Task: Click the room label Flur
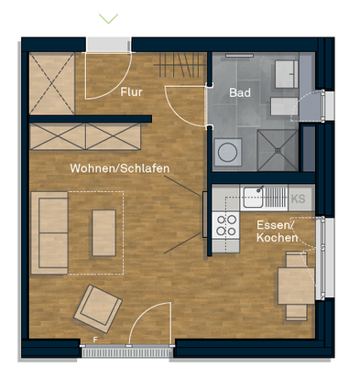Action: tap(132, 91)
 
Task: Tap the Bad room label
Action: tap(240, 91)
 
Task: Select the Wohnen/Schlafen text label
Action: tap(119, 169)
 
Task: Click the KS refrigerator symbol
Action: tap(298, 197)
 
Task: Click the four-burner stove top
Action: tap(225, 224)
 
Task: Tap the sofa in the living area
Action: tap(50, 232)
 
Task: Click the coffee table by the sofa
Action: tap(104, 231)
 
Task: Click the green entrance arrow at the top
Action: tap(110, 16)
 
